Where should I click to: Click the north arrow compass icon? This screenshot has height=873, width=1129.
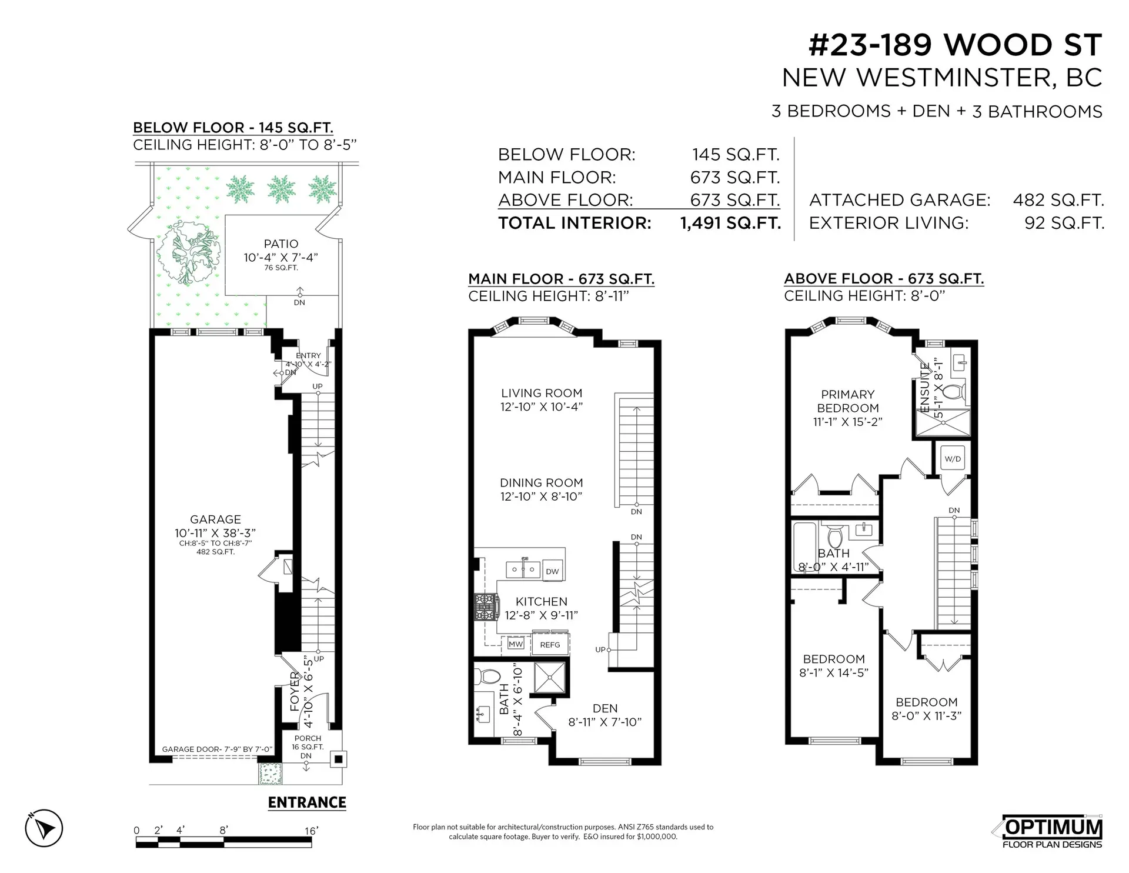44,828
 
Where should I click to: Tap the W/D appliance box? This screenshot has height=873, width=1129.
953,459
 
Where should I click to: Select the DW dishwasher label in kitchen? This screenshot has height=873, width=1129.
552,571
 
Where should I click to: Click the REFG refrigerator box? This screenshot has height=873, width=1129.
550,645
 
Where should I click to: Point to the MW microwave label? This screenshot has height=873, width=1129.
516,644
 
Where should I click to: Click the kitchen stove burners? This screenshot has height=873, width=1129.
486,607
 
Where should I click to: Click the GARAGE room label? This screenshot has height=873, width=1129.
215,519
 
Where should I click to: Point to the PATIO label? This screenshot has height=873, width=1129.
281,244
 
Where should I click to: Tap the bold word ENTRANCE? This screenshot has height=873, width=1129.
307,802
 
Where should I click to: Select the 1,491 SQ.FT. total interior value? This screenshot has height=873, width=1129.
730,223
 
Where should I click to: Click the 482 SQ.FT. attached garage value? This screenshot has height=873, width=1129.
1058,200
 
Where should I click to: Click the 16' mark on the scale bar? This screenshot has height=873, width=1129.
311,831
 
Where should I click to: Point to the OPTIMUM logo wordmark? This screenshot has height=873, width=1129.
1053,827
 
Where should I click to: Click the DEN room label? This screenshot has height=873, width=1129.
605,708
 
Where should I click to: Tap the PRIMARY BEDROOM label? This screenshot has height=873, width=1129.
847,401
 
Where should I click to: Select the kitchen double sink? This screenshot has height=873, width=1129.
523,569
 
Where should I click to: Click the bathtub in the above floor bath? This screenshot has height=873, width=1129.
804,547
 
